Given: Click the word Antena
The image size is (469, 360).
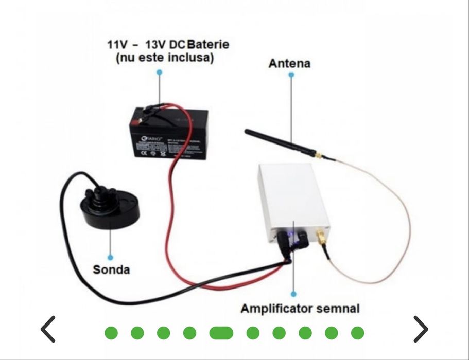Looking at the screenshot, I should (x=289, y=64).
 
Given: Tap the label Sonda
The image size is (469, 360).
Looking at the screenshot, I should (x=111, y=269).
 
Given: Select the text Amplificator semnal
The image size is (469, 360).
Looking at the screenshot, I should (x=300, y=309).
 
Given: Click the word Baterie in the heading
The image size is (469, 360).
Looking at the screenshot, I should (x=209, y=44).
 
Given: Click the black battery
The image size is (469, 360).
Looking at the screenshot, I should (x=168, y=134).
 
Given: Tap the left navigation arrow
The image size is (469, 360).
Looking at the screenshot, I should (x=48, y=329).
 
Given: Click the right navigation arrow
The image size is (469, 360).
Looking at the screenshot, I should (x=421, y=329).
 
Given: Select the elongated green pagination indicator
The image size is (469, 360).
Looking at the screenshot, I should (x=221, y=333).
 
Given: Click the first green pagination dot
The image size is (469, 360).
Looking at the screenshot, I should (x=111, y=333).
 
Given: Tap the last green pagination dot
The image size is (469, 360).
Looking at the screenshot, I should (x=357, y=333).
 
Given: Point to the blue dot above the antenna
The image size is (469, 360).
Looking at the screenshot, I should (x=291, y=75).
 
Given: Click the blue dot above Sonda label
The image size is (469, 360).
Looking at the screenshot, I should (x=110, y=257).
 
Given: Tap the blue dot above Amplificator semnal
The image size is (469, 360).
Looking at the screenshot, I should (x=293, y=295).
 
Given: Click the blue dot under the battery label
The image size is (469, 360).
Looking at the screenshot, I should (x=160, y=73).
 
